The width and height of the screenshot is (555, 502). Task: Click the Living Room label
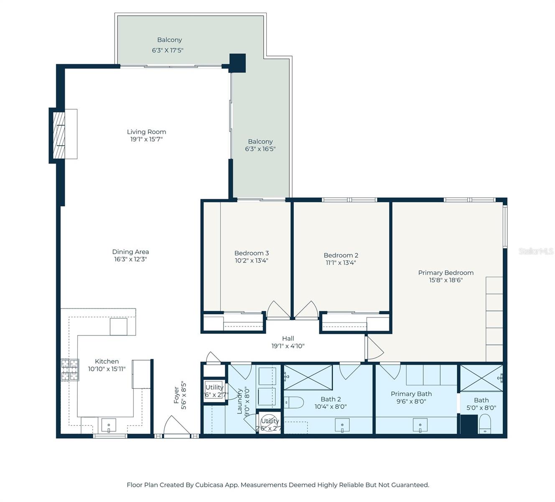pyautogui.click(x=146, y=132)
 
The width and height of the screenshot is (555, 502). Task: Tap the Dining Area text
pyautogui.click(x=130, y=252)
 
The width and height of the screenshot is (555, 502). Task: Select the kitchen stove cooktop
pyautogui.click(x=70, y=370)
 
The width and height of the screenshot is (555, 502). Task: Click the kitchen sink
pyautogui.click(x=109, y=426)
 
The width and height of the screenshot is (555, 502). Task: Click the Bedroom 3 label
pyautogui.click(x=251, y=253)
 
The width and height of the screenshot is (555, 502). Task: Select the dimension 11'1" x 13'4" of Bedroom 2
pyautogui.click(x=341, y=263)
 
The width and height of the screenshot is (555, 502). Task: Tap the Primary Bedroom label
pyautogui.click(x=446, y=273)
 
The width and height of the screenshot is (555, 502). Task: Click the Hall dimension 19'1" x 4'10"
pyautogui.click(x=288, y=346)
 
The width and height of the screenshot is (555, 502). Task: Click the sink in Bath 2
pyautogui.click(x=342, y=426)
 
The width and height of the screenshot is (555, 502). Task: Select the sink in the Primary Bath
pyautogui.click(x=420, y=426)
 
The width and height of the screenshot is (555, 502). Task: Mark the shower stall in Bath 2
pyautogui.click(x=308, y=378)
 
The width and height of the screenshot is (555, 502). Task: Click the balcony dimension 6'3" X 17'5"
pyautogui.click(x=168, y=50)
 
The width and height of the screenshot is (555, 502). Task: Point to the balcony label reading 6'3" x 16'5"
pyautogui.click(x=260, y=149)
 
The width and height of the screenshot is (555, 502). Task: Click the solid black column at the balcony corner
pyautogui.click(x=237, y=63)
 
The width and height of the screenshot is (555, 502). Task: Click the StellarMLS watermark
pyautogui.click(x=536, y=251)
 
